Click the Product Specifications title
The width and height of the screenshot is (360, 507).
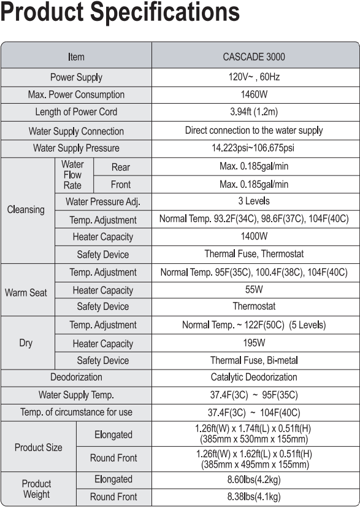coord(121,14)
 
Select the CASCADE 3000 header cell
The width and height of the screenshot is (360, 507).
coord(254,57)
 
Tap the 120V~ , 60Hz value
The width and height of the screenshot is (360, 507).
coord(254,77)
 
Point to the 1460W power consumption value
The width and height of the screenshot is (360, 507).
coord(254,95)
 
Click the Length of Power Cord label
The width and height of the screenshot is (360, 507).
coord(76,112)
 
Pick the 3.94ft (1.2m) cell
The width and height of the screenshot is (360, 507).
coord(254,112)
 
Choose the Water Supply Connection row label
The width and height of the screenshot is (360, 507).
coord(76,131)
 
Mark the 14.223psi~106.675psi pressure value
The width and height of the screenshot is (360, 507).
coord(254,149)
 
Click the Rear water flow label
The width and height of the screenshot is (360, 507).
coord(121,167)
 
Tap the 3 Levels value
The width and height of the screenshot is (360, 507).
coord(254,201)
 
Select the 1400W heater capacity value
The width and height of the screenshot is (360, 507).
coord(254,236)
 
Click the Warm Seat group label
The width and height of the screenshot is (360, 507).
coord(26,293)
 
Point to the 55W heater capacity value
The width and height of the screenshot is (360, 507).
coord(254,290)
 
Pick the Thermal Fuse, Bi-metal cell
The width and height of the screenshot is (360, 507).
coord(254,360)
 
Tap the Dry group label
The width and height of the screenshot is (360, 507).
coord(26,343)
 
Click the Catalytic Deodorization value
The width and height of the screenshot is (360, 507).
coord(254,377)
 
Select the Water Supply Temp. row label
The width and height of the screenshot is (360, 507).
coord(76,395)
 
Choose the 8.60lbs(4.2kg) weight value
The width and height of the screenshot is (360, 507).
coord(254,479)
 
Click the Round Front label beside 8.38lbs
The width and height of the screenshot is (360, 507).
coord(113,497)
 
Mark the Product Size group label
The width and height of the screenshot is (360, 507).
coord(38,447)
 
